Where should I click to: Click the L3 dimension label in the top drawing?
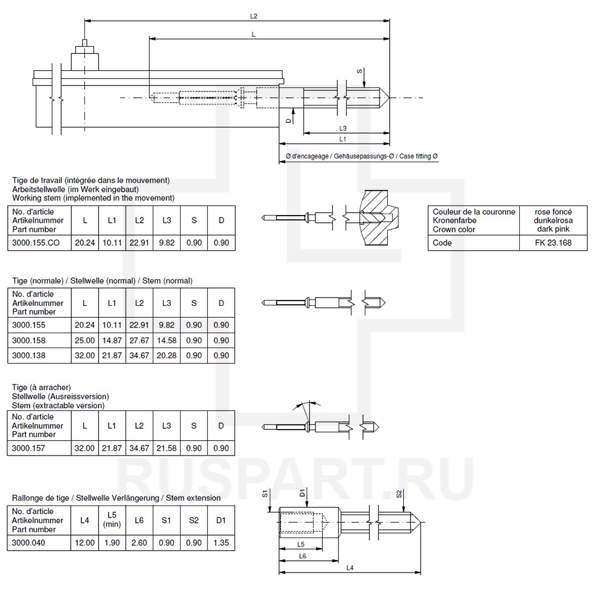pyautogui.click(x=343, y=128)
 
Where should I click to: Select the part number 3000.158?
pyautogui.click(x=29, y=340)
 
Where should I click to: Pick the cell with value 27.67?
pyautogui.click(x=139, y=340)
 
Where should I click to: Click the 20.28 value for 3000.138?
pyautogui.click(x=166, y=355)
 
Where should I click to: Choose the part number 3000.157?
pyautogui.click(x=29, y=448)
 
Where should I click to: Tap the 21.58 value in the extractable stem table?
pyautogui.click(x=166, y=448)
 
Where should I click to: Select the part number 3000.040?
pyautogui.click(x=29, y=542)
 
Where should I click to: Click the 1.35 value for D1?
pyautogui.click(x=221, y=542)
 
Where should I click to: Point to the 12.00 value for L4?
pyautogui.click(x=85, y=542)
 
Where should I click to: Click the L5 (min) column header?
pyautogui.click(x=112, y=519)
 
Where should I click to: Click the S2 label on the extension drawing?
pyautogui.click(x=399, y=494)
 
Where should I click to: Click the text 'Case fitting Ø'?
pyautogui.click(x=419, y=156)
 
